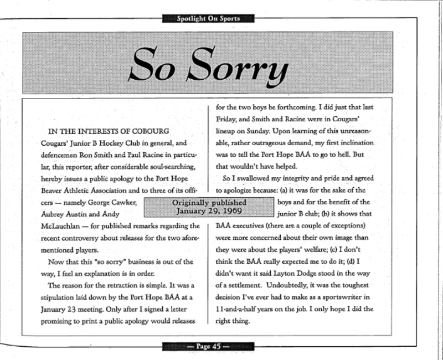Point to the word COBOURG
coord(141,131)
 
